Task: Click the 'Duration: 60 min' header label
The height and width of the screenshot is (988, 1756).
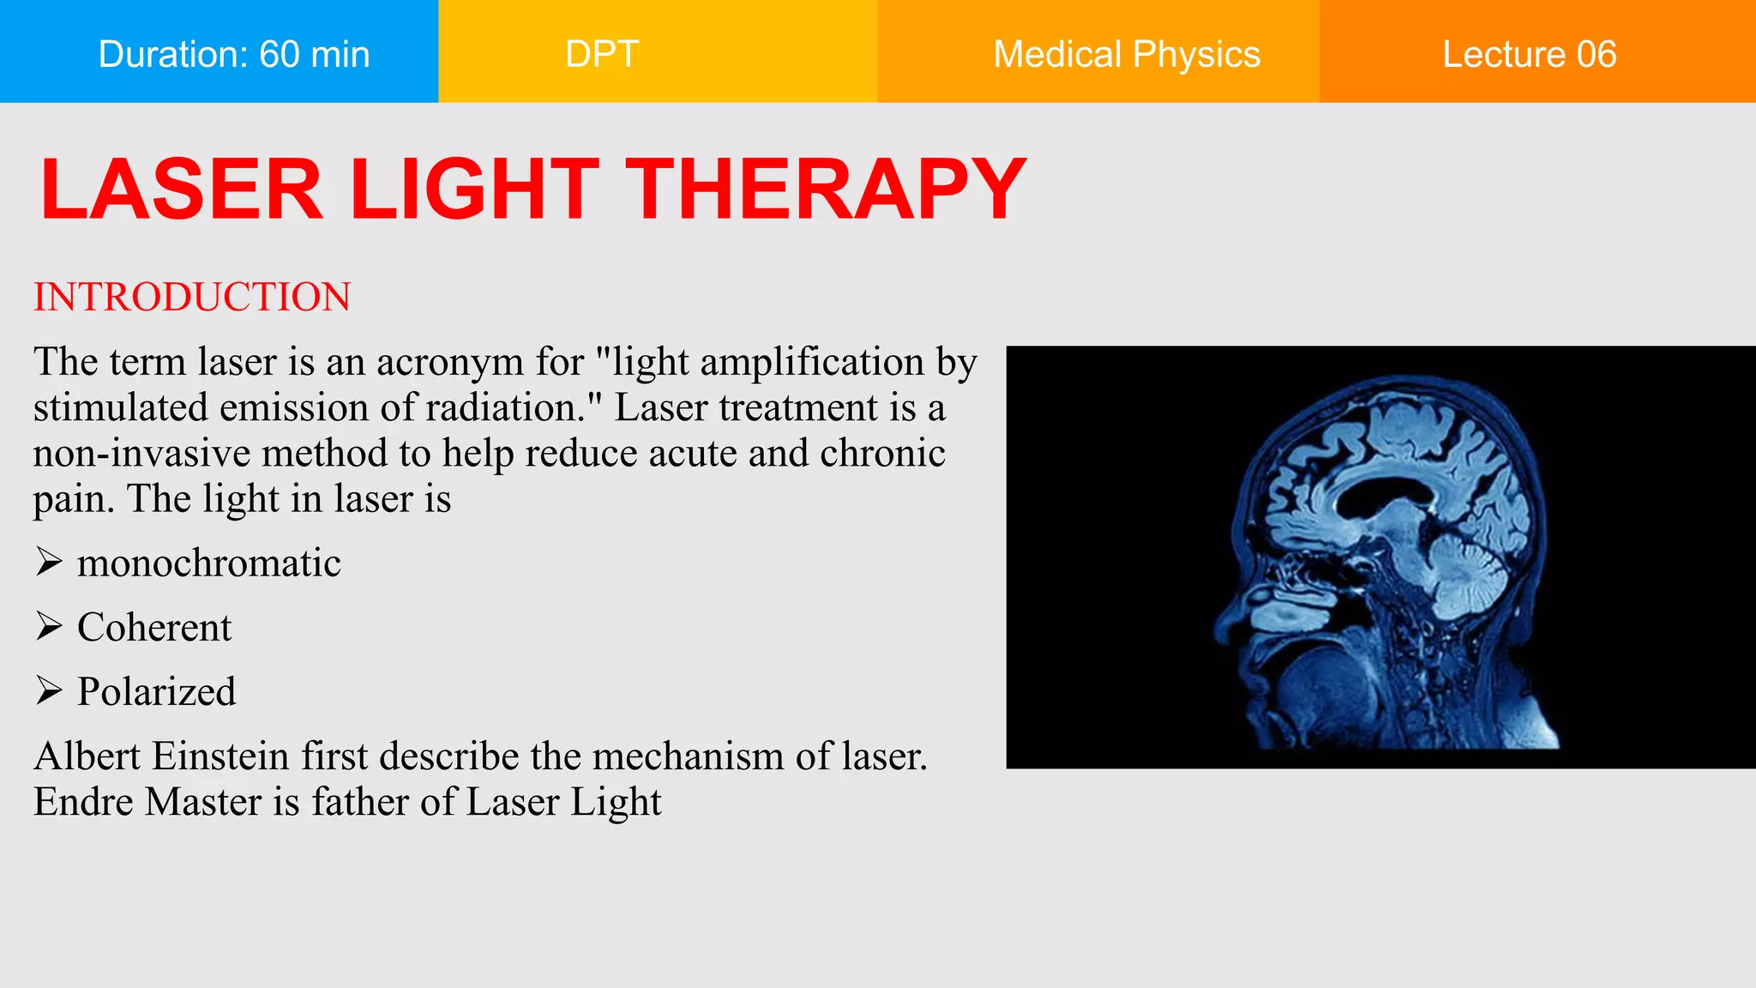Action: click(x=234, y=54)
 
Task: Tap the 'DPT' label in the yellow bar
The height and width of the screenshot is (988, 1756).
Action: click(x=602, y=54)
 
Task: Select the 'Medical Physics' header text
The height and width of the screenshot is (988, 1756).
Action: click(x=1126, y=54)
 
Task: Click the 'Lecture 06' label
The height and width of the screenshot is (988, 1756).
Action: click(x=1529, y=54)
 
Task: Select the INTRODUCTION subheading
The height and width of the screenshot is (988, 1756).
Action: click(x=192, y=297)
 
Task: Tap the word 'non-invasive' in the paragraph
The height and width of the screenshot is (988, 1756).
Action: click(x=141, y=453)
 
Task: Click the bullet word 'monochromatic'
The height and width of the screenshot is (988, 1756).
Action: click(x=208, y=563)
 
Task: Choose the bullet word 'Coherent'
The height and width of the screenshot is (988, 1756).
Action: click(x=154, y=627)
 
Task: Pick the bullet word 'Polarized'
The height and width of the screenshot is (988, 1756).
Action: click(x=156, y=691)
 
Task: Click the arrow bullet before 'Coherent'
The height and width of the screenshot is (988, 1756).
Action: click(x=49, y=627)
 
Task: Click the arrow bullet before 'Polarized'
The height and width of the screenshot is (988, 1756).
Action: click(x=49, y=691)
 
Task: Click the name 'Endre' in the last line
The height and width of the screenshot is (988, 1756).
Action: click(x=83, y=802)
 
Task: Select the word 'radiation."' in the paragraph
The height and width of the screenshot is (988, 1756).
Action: click(x=514, y=407)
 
